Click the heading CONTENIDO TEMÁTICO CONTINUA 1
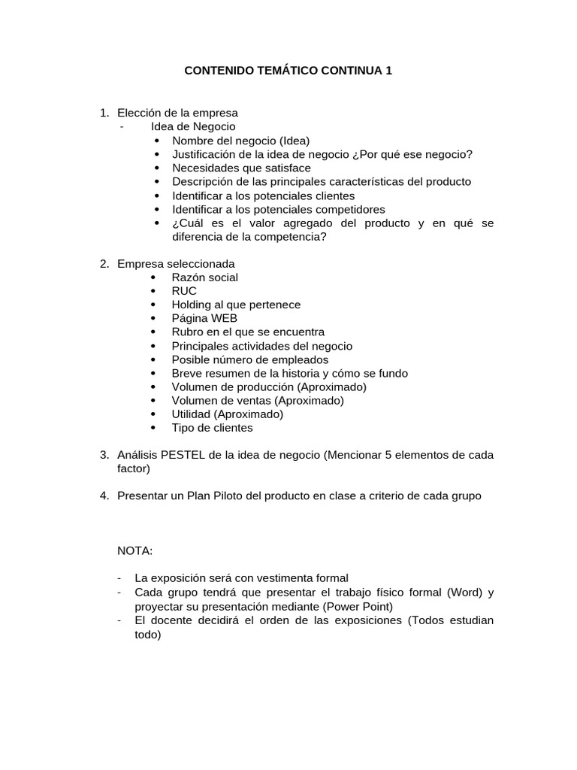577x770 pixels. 288,71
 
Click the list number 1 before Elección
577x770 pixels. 104,113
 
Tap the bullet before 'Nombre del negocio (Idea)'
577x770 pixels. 156,141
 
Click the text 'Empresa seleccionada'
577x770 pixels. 176,264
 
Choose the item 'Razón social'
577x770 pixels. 204,277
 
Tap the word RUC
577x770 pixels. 184,291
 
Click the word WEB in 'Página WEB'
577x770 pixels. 224,318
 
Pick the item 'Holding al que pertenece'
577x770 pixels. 236,305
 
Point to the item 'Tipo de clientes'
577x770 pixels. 212,428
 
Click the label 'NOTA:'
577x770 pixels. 134,551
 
